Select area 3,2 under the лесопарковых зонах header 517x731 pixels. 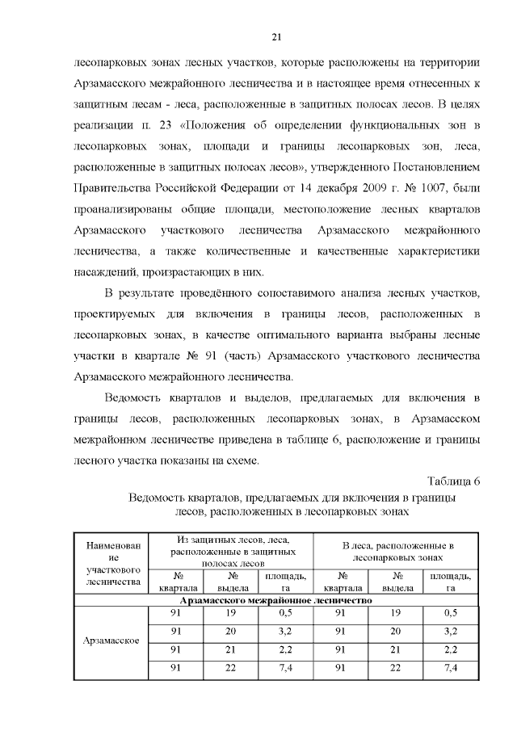(x=452, y=632)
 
